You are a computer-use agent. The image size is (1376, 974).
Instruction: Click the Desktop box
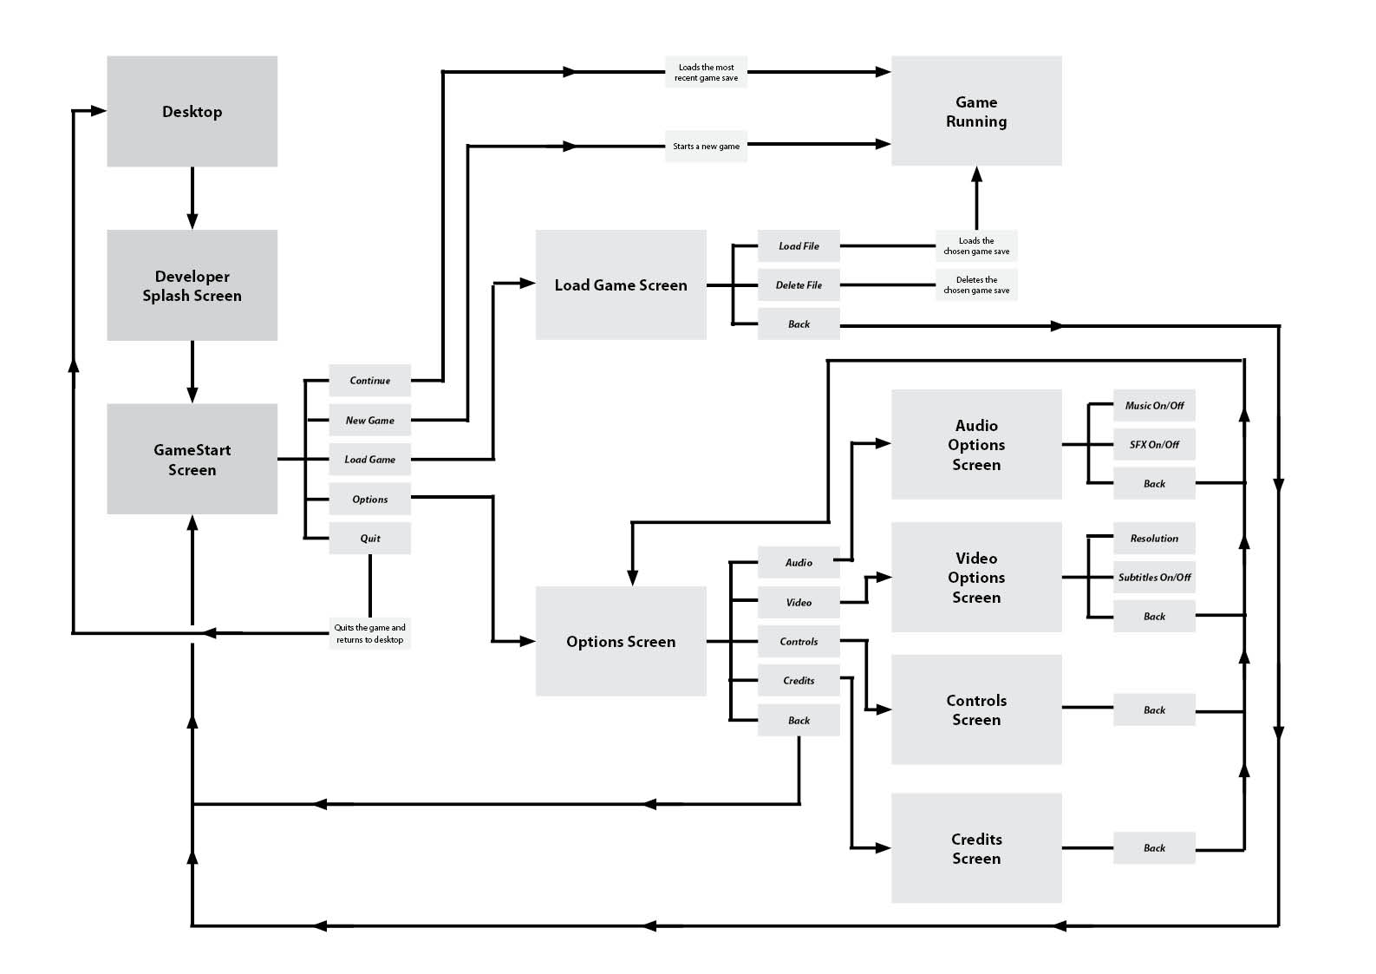point(192,111)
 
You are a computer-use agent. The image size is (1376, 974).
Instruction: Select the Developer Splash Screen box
point(192,285)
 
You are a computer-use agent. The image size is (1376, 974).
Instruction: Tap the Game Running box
point(976,111)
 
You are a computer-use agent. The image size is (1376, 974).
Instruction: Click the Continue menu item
point(369,381)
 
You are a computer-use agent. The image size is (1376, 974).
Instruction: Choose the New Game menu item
point(369,421)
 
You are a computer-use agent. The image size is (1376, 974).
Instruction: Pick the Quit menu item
point(369,539)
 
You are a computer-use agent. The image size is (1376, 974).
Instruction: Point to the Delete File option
point(799,285)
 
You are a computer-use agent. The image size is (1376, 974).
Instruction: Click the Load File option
point(799,246)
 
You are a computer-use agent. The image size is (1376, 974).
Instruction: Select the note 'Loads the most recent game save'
point(706,73)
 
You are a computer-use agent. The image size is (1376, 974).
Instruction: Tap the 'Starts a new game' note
point(706,147)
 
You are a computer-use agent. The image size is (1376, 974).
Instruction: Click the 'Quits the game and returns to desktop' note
point(369,634)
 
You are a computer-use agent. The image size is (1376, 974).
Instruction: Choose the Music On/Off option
point(1154,406)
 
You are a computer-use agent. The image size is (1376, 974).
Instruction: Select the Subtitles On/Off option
point(1154,578)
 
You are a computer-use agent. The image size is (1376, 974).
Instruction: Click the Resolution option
point(1154,539)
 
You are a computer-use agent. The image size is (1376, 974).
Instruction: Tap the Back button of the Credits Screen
point(1154,848)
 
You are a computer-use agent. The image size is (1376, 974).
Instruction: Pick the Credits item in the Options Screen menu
point(799,681)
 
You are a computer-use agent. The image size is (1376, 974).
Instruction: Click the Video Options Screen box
point(976,578)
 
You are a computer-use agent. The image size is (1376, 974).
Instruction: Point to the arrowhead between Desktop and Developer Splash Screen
point(192,220)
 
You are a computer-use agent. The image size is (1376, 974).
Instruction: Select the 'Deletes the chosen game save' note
point(976,285)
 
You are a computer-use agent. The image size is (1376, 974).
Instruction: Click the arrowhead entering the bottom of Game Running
point(976,174)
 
